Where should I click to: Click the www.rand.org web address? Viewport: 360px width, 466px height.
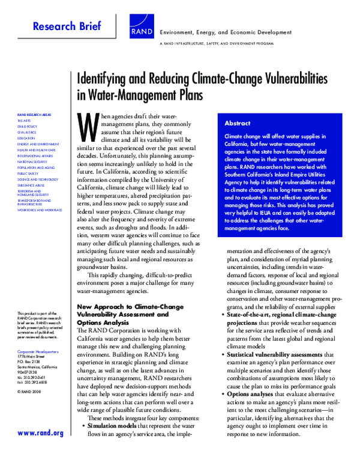coord(41,433)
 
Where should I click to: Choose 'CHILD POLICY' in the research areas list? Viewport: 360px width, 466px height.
coord(28,127)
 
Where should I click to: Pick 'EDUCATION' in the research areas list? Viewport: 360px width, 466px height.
coord(26,139)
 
